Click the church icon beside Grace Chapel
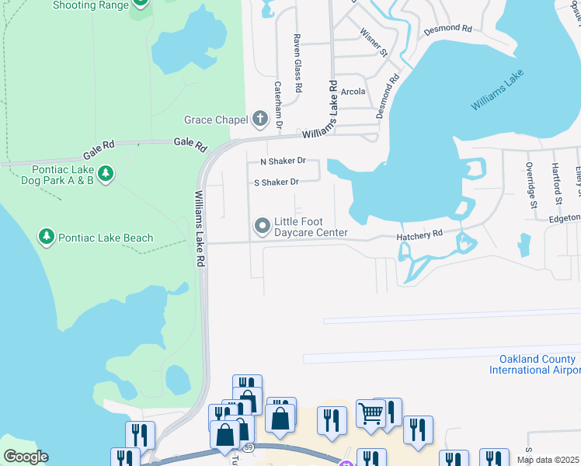[x=259, y=120]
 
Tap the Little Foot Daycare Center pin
[x=262, y=226]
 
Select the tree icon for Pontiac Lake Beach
[x=47, y=237]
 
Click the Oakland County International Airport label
[x=534, y=364]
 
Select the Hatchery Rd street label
[x=419, y=233]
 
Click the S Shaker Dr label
[x=277, y=183]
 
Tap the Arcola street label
[x=353, y=92]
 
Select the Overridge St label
[x=532, y=186]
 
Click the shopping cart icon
[x=371, y=413]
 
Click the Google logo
[x=25, y=457]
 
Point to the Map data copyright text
[x=548, y=460]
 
